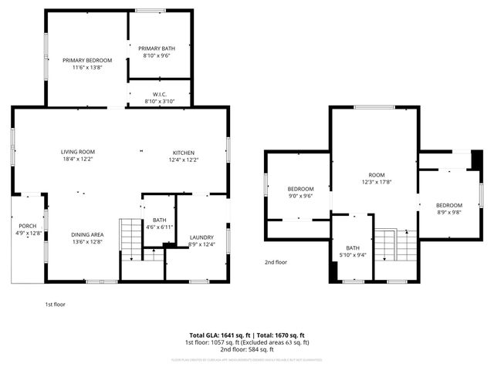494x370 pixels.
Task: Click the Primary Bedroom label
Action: (87, 60)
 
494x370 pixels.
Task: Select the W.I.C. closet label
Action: (160, 95)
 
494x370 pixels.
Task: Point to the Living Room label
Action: (78, 152)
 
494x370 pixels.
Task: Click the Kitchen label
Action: (183, 152)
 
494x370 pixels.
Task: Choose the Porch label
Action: (27, 226)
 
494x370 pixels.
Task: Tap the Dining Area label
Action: (87, 234)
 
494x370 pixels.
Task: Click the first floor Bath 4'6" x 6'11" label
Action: (158, 224)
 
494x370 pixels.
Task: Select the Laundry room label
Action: (201, 237)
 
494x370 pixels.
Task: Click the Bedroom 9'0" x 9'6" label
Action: (300, 189)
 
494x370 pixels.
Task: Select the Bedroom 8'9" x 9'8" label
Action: (449, 205)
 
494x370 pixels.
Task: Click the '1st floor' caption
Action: (55, 304)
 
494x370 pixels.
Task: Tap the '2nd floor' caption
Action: (276, 261)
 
